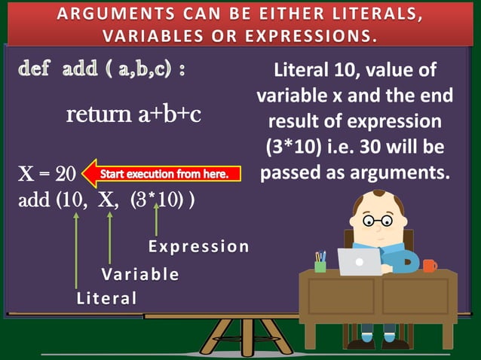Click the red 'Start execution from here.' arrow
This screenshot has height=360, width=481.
pos(161,175)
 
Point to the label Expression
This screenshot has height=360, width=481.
pos(198,246)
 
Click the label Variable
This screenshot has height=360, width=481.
pos(140,273)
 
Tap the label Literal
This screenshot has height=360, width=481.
pos(107,298)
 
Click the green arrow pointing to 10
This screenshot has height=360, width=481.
pos(77,249)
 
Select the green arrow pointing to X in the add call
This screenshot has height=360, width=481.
pos(110,237)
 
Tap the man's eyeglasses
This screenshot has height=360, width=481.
pos(376,221)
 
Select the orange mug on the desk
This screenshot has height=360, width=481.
pos(429,265)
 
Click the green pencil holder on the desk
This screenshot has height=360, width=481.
pos(320,264)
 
